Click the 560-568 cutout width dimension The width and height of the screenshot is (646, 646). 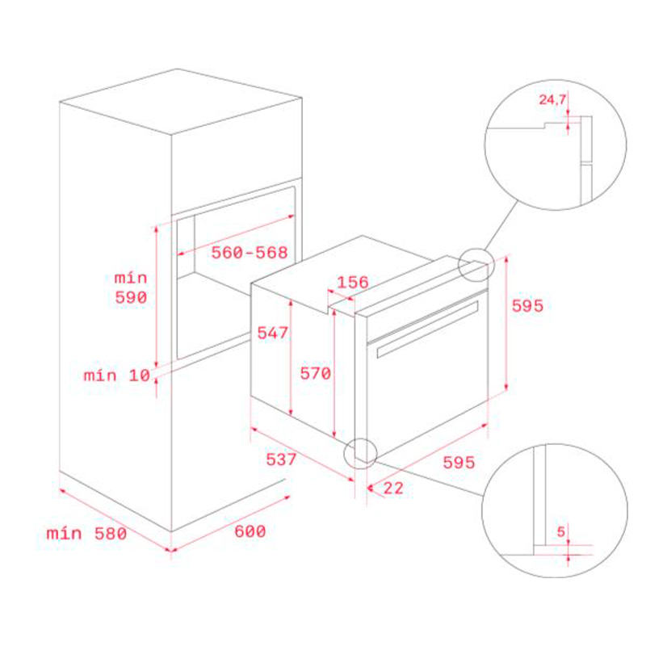point(250,253)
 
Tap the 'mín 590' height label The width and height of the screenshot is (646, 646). point(130,287)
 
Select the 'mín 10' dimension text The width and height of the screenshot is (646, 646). point(116,375)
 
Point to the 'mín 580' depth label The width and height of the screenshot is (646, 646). point(86,533)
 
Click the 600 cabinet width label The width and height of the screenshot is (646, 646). point(250,531)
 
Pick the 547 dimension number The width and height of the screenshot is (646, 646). point(273,332)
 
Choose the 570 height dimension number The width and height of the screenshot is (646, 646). point(316,373)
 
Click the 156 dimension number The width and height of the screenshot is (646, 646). point(352,282)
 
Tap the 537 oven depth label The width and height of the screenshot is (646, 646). point(282,459)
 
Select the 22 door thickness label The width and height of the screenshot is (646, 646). point(393,487)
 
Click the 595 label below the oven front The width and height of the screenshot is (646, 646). point(458,462)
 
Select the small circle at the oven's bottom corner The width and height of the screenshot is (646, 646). point(359,454)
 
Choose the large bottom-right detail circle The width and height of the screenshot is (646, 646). point(554,510)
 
